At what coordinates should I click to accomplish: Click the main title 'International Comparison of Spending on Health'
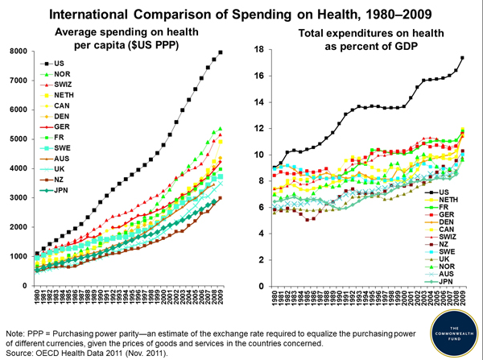tap(228, 14)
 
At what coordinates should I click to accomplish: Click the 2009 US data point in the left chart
tap(221, 52)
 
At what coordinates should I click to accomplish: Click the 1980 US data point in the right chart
tap(275, 167)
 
